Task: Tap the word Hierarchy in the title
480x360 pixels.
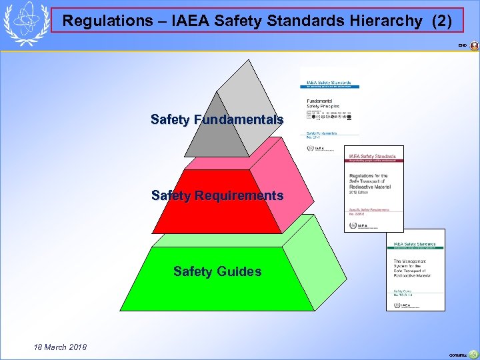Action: [384, 21]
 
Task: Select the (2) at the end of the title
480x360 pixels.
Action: [441, 21]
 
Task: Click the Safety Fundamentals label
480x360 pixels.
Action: [217, 120]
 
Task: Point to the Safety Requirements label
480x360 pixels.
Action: [217, 196]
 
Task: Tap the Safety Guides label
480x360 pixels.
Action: [217, 271]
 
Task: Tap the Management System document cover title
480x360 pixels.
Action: [412, 267]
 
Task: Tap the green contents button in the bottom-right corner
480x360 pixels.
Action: [473, 355]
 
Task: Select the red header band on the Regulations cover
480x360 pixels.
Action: [373, 158]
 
